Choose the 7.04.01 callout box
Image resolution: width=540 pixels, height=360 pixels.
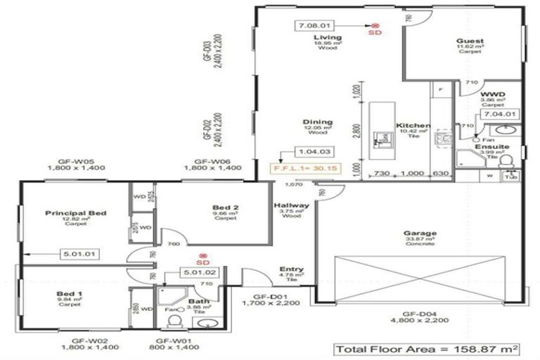pyautogui.click(x=501, y=113)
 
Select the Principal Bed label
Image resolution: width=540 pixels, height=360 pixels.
pyautogui.click(x=75, y=212)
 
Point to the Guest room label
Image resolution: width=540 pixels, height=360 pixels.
pyautogui.click(x=470, y=41)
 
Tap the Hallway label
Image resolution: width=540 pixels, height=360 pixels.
pyautogui.click(x=289, y=205)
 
